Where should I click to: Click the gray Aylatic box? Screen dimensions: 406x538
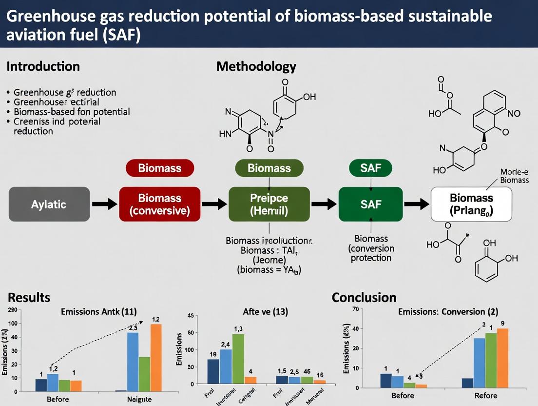pos(49,204)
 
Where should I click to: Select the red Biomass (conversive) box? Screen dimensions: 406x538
pos(160,204)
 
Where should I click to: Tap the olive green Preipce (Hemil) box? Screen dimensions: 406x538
pos(269,204)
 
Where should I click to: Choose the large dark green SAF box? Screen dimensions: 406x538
pos(370,204)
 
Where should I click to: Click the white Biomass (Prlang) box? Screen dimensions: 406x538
pos(471,204)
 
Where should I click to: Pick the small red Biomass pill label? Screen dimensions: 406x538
pos(160,168)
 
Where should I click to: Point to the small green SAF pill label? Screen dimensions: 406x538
pos(370,168)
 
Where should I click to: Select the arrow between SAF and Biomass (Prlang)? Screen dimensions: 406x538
pos(417,204)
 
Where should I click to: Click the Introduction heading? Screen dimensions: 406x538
pos(43,66)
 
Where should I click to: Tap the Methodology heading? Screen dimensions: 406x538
pos(256,66)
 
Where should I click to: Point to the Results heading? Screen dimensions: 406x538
pos(29,297)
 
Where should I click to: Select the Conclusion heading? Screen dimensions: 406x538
pos(364,297)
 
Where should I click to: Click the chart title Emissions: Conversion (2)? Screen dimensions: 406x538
pos(448,311)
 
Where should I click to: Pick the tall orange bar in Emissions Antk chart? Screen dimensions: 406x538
pos(156,357)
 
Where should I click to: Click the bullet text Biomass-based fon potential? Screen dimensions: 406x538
pos(72,112)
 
